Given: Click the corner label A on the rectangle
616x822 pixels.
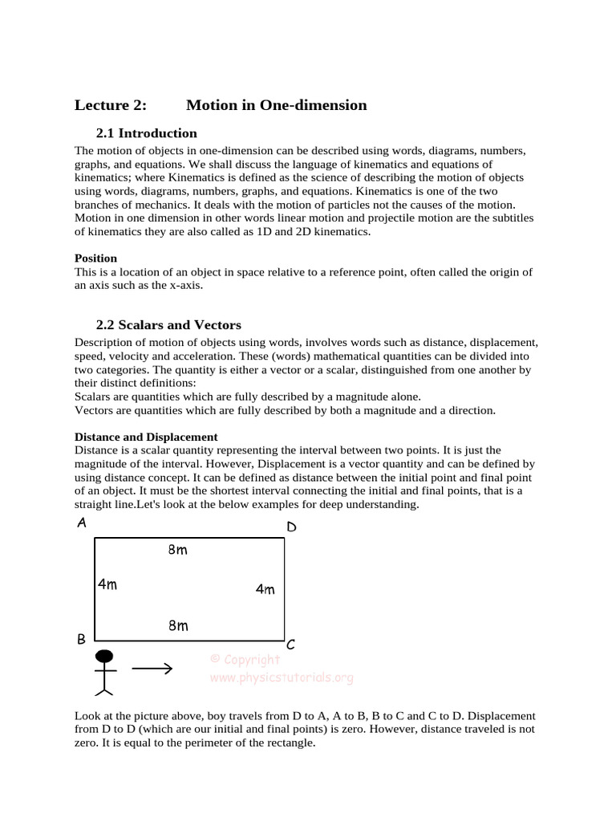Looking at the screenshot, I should (x=81, y=523).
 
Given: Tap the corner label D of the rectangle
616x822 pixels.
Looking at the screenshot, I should (x=291, y=527).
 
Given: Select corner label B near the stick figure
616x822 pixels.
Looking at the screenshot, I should (x=81, y=640).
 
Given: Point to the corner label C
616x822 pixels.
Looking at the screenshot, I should (x=290, y=644).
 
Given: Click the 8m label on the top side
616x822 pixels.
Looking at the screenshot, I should (x=178, y=550).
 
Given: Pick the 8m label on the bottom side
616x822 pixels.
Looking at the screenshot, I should (x=178, y=625).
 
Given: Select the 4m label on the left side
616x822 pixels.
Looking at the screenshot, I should (x=107, y=584).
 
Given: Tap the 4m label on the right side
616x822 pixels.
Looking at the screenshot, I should (x=265, y=589).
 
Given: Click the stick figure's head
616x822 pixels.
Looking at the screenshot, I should (x=103, y=655).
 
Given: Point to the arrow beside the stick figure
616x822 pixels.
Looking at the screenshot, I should (x=152, y=667).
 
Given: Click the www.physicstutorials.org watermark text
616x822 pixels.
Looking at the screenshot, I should (x=281, y=678).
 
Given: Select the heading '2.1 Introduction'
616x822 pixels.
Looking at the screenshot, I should (x=146, y=133).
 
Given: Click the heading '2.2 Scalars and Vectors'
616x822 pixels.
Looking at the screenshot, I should (x=168, y=325).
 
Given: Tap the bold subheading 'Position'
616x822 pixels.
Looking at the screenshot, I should (x=95, y=258).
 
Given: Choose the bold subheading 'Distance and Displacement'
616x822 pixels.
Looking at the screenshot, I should (x=146, y=437).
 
